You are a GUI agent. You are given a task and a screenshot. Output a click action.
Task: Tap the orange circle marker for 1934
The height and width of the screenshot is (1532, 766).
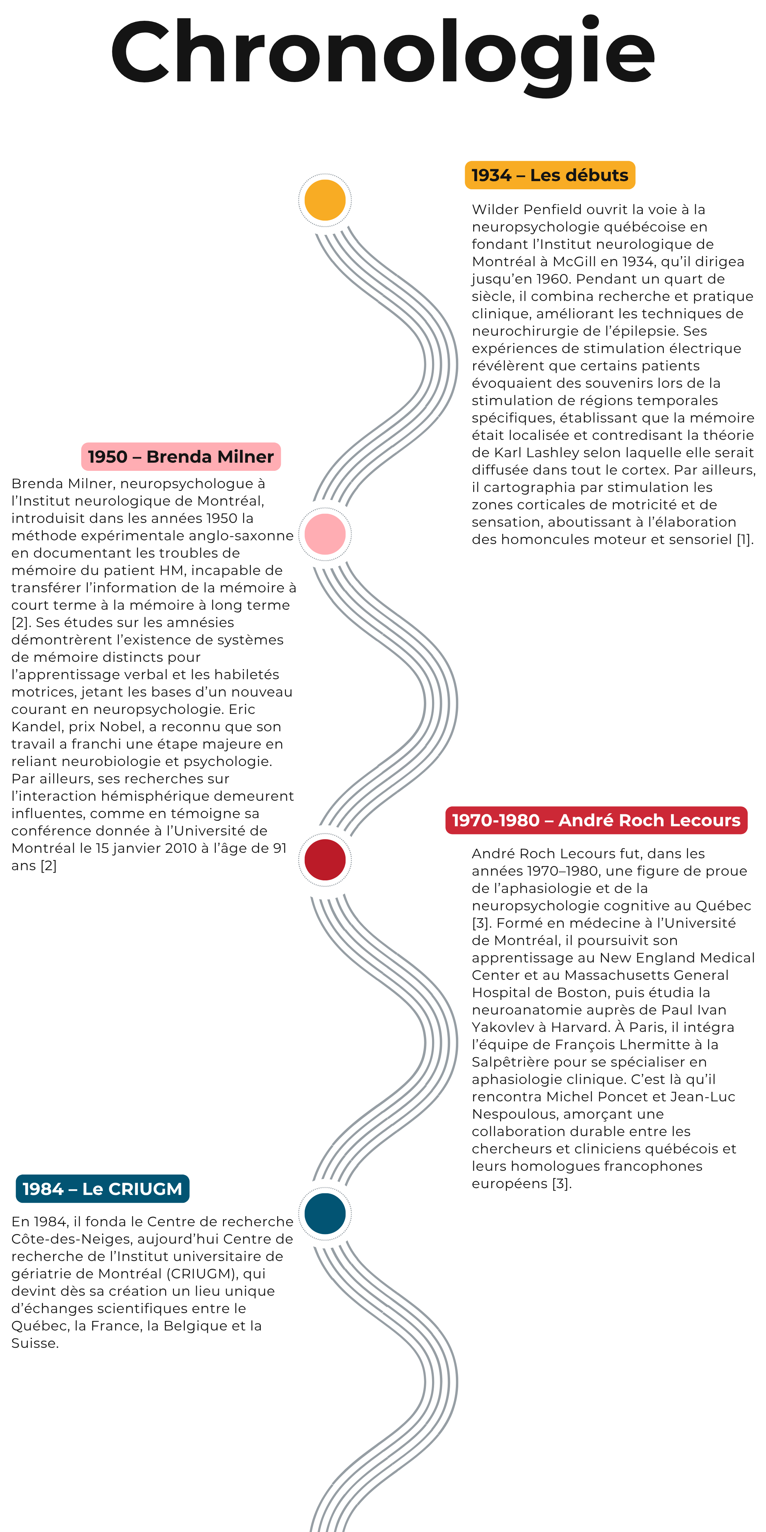tap(325, 200)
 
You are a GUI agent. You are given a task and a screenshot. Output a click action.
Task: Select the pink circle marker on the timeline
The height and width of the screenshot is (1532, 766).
tap(325, 534)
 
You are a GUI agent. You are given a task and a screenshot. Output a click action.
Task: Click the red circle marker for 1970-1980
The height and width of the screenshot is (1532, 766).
tap(325, 859)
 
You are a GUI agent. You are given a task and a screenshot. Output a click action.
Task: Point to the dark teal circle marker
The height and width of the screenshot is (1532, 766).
tap(325, 1213)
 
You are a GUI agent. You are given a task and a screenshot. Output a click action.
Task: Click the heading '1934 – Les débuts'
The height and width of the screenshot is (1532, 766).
tap(550, 175)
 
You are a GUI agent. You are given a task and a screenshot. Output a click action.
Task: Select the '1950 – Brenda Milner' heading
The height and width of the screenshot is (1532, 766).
tap(181, 457)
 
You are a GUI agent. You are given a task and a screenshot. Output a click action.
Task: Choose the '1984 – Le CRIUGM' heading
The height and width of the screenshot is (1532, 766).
tap(102, 1189)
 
